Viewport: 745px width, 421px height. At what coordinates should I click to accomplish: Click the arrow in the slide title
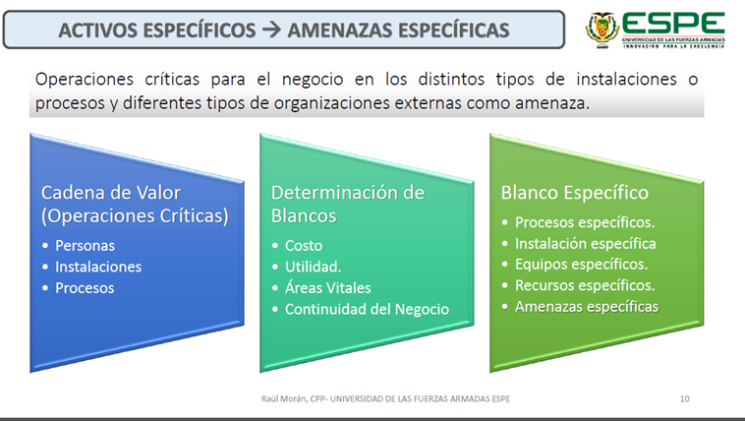pyautogui.click(x=272, y=30)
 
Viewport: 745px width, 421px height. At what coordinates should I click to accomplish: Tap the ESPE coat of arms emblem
pyautogui.click(x=602, y=30)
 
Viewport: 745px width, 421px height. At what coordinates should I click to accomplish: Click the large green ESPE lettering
pyautogui.click(x=673, y=24)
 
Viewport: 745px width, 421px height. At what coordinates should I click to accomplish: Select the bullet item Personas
pyautogui.click(x=86, y=246)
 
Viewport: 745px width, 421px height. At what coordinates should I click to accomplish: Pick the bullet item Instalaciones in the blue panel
pyautogui.click(x=98, y=267)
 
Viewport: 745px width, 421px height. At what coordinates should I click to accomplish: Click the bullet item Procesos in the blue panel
pyautogui.click(x=85, y=288)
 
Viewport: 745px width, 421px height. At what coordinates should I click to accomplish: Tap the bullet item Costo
pyautogui.click(x=304, y=246)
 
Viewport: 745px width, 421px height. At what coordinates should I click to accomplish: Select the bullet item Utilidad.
pyautogui.click(x=314, y=267)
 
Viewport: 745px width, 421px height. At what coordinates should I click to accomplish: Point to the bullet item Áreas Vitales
pyautogui.click(x=328, y=287)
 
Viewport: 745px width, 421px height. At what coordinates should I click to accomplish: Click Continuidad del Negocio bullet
pyautogui.click(x=367, y=309)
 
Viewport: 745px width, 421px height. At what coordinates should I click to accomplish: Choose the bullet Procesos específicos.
pyautogui.click(x=585, y=222)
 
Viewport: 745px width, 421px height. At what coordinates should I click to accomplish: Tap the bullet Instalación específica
pyautogui.click(x=586, y=244)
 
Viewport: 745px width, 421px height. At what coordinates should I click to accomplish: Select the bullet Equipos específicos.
pyautogui.click(x=582, y=264)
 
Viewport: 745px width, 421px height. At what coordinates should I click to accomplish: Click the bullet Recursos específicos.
pyautogui.click(x=585, y=285)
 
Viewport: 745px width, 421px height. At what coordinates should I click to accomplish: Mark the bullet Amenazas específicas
pyautogui.click(x=587, y=306)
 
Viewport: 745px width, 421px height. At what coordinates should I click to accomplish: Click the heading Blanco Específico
pyautogui.click(x=574, y=193)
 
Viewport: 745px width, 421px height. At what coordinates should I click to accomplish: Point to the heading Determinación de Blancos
pyautogui.click(x=348, y=204)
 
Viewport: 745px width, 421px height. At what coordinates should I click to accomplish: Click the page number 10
pyautogui.click(x=684, y=399)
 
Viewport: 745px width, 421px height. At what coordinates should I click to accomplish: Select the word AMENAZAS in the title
pyautogui.click(x=340, y=30)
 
